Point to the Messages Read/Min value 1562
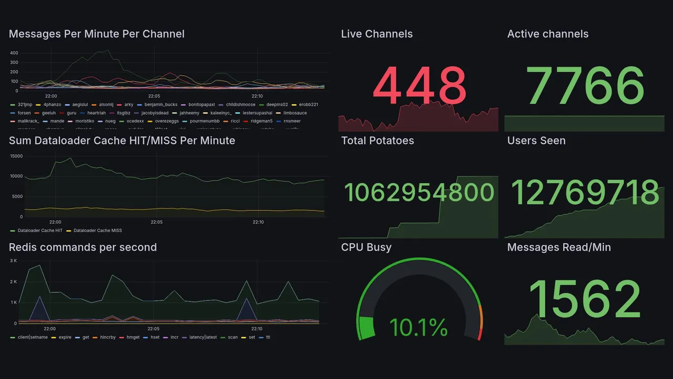(585, 298)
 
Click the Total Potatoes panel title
(377, 141)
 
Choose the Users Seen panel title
(536, 141)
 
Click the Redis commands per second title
(83, 247)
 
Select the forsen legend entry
(24, 113)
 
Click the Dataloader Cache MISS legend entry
(97, 231)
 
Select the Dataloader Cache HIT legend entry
(39, 231)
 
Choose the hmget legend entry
(133, 337)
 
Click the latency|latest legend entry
(203, 337)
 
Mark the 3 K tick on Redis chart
(14, 261)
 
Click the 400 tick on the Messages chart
(14, 53)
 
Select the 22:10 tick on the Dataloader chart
(258, 222)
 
